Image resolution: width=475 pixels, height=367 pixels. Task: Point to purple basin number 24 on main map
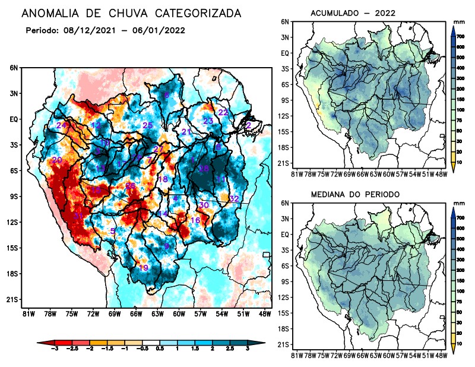tap(61, 126)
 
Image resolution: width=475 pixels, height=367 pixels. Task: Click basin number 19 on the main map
tap(143, 268)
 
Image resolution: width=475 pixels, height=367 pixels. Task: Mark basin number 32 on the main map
tap(234, 198)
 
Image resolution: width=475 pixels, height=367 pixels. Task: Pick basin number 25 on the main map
tap(148, 125)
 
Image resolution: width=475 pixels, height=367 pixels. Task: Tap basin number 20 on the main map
tap(57, 160)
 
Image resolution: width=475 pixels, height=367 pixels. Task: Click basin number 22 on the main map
tap(223, 112)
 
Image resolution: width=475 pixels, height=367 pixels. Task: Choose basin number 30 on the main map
tap(204, 205)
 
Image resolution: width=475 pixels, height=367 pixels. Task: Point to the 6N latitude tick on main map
tap(14, 68)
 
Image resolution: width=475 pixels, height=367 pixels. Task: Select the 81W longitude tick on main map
tap(27, 313)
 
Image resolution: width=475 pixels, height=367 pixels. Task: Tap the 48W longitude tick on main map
tap(265, 313)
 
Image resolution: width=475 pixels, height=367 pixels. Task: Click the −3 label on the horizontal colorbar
tap(54, 351)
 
